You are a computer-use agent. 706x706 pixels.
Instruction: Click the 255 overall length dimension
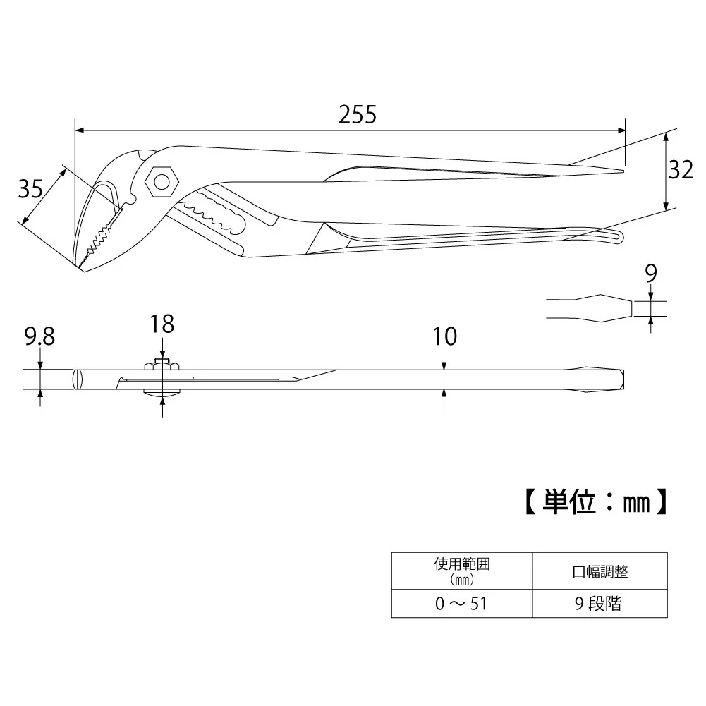point(358,115)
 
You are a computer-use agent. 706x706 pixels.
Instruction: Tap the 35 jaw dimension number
point(30,188)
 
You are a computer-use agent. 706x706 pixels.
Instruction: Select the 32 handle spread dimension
point(681,170)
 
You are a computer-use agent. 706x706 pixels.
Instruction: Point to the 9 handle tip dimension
point(650,274)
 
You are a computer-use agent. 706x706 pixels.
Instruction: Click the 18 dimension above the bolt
point(162,324)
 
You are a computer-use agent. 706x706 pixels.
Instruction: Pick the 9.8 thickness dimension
point(39,336)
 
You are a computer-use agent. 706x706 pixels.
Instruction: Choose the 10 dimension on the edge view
point(445,336)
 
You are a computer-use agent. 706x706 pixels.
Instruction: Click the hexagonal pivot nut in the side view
point(162,182)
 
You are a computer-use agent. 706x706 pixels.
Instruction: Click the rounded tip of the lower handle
point(621,236)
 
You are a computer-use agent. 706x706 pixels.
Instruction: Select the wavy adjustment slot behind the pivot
point(212,211)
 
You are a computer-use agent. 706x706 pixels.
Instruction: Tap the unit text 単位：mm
point(595,501)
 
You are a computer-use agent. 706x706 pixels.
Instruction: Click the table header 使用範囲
point(462,564)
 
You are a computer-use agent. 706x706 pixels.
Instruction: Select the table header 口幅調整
point(600,571)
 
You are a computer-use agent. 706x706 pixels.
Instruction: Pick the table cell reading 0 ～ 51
point(461,603)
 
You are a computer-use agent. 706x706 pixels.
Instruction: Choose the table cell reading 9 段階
point(598,603)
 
